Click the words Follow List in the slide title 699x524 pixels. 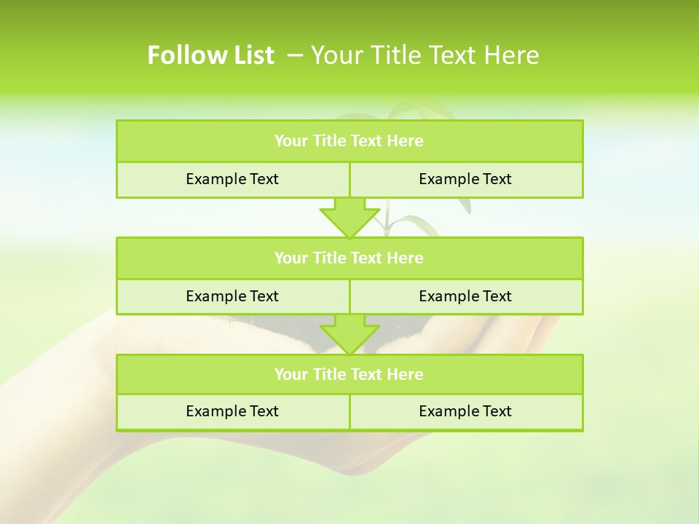(x=210, y=55)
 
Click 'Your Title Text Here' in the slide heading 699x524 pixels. (x=424, y=55)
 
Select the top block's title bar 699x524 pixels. (x=349, y=141)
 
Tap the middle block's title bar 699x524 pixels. (x=349, y=258)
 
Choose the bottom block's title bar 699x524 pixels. (x=349, y=374)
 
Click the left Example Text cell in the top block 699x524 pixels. (x=232, y=179)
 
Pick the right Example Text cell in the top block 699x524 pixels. (x=465, y=179)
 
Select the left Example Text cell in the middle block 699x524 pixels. (x=232, y=296)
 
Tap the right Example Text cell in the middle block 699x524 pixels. (x=465, y=296)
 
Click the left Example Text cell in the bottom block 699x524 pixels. (x=232, y=411)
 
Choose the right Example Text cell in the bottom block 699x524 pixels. (x=465, y=411)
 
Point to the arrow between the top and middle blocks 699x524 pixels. (x=349, y=218)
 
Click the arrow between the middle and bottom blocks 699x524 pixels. (x=349, y=334)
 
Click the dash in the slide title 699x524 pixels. (x=296, y=55)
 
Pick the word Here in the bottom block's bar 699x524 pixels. (x=406, y=374)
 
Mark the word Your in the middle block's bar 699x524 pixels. (x=291, y=258)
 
